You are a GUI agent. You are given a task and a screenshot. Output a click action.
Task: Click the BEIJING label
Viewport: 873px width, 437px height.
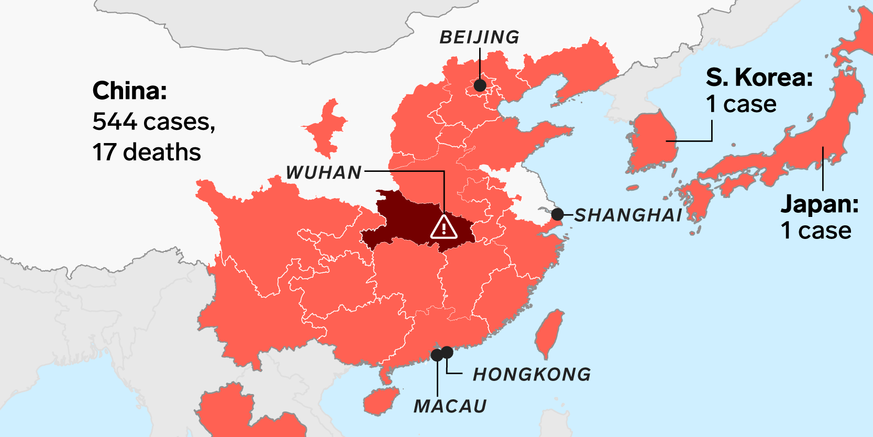[479, 37]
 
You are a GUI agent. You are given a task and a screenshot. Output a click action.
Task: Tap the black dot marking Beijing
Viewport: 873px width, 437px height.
[480, 85]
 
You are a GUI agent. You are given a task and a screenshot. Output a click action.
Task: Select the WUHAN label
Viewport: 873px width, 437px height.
[324, 172]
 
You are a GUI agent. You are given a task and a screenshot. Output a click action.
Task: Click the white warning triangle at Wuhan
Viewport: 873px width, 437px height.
[444, 227]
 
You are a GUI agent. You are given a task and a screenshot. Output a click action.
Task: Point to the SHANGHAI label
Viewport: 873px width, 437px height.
[628, 215]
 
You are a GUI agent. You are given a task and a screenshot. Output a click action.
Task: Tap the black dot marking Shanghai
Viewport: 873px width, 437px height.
[557, 214]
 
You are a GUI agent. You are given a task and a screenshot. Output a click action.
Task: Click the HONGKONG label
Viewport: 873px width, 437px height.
[532, 374]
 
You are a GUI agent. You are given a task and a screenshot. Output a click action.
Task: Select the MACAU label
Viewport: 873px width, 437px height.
[450, 406]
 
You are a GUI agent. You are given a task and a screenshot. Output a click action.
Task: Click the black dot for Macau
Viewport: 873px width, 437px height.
[437, 355]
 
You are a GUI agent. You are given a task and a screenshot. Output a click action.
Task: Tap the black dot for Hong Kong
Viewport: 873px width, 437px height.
[447, 352]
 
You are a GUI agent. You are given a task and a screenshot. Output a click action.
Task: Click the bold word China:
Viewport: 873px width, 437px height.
[130, 91]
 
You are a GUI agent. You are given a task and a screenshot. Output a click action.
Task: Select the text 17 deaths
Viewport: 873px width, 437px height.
[147, 152]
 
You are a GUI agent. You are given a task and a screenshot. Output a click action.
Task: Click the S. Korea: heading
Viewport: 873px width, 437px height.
[759, 78]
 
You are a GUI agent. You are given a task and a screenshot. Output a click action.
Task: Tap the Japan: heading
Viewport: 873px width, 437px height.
[820, 204]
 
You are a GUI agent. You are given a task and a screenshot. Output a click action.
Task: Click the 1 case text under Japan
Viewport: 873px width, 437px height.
[816, 230]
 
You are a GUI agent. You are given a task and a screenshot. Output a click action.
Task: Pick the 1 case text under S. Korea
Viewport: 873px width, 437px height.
[741, 104]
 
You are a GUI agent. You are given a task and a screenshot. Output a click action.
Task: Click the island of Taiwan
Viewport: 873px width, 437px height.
[550, 333]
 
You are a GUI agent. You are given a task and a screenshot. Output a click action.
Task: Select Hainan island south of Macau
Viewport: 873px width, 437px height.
[381, 401]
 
